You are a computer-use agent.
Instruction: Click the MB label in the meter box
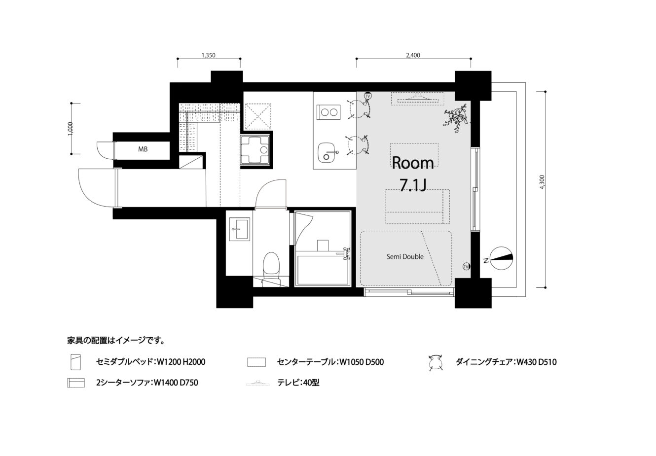click(x=143, y=149)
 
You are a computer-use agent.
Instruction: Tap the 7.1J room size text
click(x=413, y=185)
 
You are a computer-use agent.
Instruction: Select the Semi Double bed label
click(x=405, y=257)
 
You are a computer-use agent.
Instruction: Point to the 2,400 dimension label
click(x=413, y=55)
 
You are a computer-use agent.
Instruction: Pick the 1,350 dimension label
click(x=209, y=55)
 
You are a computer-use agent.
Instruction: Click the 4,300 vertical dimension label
click(x=542, y=182)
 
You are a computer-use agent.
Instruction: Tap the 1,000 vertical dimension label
click(x=70, y=129)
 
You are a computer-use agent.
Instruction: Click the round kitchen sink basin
click(x=327, y=152)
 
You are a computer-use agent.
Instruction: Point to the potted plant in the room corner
click(x=456, y=118)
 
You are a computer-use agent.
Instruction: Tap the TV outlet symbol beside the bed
click(x=466, y=266)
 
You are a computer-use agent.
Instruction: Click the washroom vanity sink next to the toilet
click(x=240, y=229)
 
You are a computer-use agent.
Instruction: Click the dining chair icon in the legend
click(x=435, y=363)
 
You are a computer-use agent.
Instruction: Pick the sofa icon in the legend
click(x=76, y=383)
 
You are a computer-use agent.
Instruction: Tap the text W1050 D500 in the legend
click(x=362, y=362)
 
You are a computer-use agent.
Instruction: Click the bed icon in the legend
click(x=75, y=362)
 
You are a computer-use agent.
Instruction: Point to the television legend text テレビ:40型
click(x=298, y=383)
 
